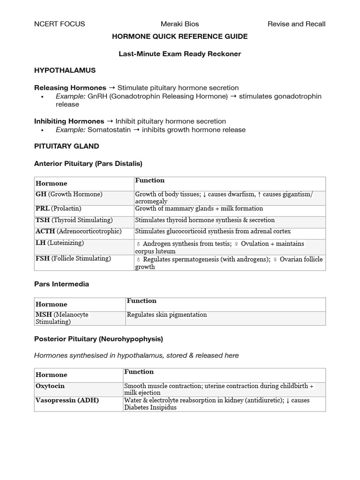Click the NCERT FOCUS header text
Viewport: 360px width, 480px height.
[x=60, y=24]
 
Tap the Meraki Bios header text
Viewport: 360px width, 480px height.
[x=180, y=24]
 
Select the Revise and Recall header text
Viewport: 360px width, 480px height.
[x=296, y=24]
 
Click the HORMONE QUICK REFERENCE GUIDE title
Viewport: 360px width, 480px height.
[x=180, y=37]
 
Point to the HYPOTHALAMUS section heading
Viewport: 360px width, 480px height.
[x=65, y=70]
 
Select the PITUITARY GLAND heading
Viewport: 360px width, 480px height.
[x=67, y=146]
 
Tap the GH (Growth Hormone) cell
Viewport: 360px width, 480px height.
[x=69, y=194]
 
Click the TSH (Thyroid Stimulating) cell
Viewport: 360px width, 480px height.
[x=74, y=220]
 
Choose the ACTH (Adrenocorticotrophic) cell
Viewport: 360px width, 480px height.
[x=78, y=231]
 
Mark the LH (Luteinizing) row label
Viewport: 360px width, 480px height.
[x=60, y=243]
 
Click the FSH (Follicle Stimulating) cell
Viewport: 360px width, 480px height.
[x=73, y=258]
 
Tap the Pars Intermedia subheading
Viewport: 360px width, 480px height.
[x=61, y=284]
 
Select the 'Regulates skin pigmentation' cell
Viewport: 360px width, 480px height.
[x=167, y=315]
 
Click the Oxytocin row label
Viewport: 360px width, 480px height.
[x=50, y=386]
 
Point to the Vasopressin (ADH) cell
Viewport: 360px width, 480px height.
[x=67, y=400]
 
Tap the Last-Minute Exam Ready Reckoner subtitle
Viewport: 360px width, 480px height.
[x=180, y=54]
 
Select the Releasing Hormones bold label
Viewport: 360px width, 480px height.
[x=70, y=88]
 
